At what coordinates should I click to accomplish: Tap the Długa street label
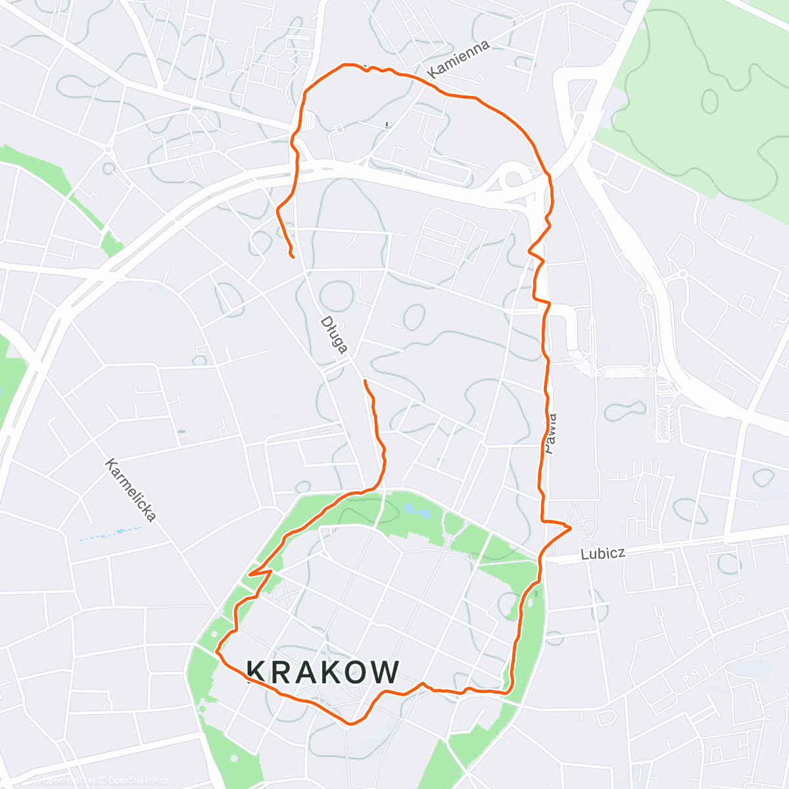[x=333, y=335]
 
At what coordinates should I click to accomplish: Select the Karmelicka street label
[x=131, y=490]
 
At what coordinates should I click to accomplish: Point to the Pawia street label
[x=550, y=434]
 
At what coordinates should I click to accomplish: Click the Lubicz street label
[x=602, y=554]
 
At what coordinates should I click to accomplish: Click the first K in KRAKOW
[x=257, y=672]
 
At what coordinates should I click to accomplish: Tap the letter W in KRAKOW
[x=385, y=672]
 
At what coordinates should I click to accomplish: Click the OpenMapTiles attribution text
[x=66, y=780]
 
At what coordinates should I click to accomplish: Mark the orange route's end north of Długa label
[x=291, y=256]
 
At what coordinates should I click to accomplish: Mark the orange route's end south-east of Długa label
[x=364, y=381]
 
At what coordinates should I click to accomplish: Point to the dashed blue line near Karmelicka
[x=112, y=533]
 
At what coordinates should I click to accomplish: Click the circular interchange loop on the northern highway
[x=512, y=176]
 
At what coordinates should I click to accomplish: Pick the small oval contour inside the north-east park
[x=710, y=100]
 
